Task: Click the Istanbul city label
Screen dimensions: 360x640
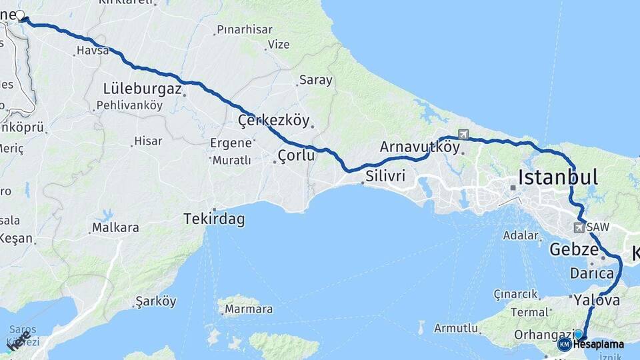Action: pos(558,177)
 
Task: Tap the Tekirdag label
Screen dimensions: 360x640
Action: pos(214,219)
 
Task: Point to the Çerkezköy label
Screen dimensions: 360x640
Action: pos(274,121)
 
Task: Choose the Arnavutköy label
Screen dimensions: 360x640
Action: pos(420,147)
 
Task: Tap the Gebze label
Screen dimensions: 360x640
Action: pos(574,250)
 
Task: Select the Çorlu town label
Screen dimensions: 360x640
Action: pos(296,157)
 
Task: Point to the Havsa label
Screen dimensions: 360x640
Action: pos(93,51)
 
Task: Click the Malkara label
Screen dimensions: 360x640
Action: pos(116,227)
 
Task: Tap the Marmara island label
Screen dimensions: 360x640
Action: pos(248,309)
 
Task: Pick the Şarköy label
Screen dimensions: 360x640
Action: pos(155,301)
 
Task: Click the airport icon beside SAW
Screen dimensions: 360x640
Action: pos(578,228)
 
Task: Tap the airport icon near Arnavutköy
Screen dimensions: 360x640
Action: pos(463,135)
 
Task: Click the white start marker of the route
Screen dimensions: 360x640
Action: pos(20,15)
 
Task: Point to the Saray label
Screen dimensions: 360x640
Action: pos(315,80)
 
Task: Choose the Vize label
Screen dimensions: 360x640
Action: pos(278,45)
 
